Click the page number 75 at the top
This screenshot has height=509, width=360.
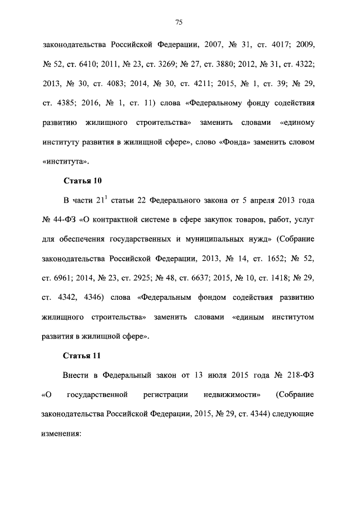click(x=179, y=22)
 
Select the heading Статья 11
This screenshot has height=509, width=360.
click(x=80, y=355)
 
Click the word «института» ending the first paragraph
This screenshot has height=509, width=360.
click(x=65, y=161)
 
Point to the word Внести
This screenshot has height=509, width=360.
click(x=75, y=376)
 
